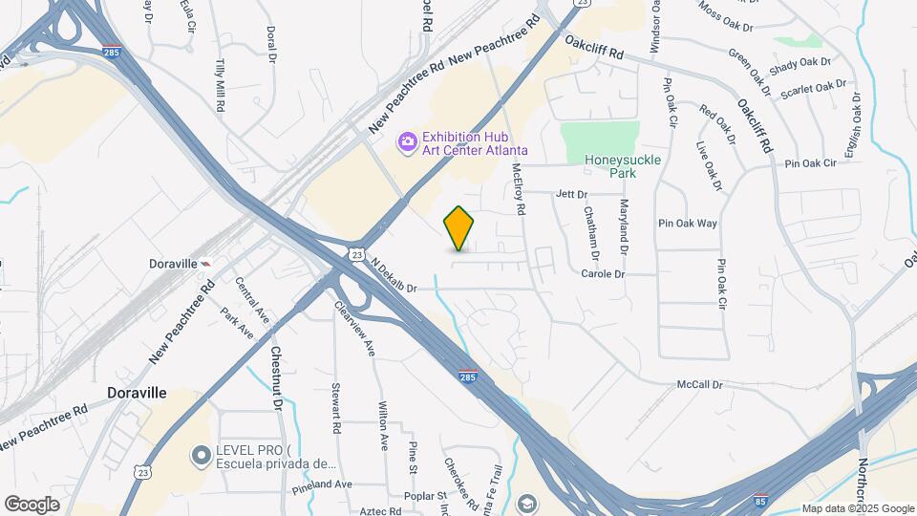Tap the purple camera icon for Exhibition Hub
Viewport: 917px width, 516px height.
(408, 141)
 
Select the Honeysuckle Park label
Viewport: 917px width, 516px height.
(610, 167)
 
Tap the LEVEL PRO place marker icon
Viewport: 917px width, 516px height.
(201, 457)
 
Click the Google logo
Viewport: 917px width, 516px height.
(32, 504)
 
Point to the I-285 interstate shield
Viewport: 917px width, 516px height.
(467, 376)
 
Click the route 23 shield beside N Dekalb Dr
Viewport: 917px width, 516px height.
(356, 255)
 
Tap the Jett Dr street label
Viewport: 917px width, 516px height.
(571, 194)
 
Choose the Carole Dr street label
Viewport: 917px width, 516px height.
(602, 274)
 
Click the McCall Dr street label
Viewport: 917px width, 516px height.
(700, 384)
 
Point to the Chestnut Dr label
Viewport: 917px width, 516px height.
(276, 377)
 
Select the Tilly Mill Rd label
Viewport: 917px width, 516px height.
(221, 87)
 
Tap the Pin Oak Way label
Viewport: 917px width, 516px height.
(688, 224)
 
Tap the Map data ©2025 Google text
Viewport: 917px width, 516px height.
(858, 508)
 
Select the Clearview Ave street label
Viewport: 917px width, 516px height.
(354, 330)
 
